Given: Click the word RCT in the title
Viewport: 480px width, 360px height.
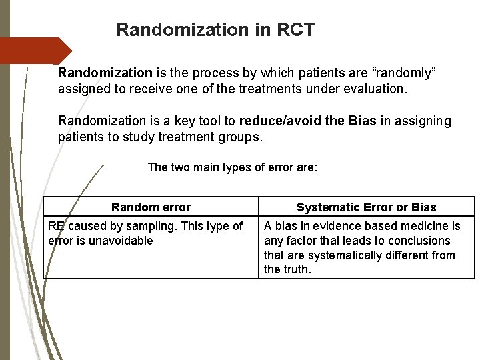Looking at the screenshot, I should coord(291,30).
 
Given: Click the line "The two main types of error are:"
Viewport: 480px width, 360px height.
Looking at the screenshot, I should coord(232,167).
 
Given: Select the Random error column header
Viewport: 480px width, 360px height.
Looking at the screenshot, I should coord(151,207).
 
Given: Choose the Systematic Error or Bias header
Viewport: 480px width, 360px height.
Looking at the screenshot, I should coord(366,207).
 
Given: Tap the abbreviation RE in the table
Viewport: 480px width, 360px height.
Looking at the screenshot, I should coord(56,227).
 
